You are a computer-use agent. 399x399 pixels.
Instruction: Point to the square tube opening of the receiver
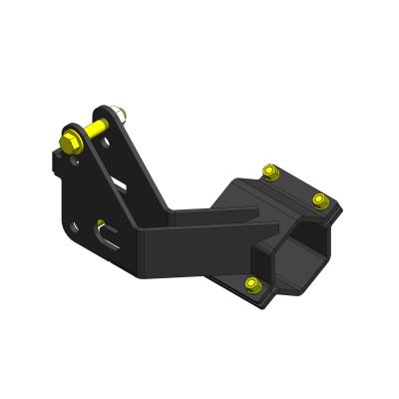(x=296, y=261)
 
